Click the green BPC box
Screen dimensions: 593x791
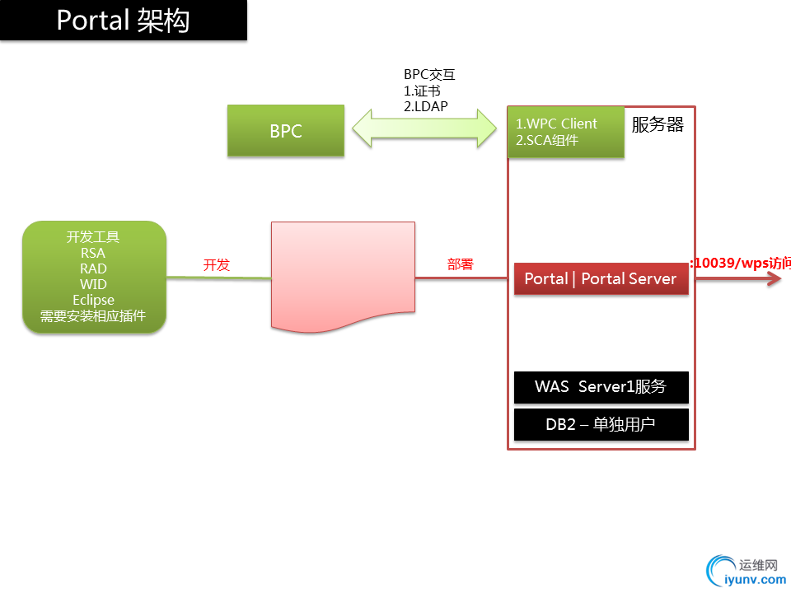[286, 131]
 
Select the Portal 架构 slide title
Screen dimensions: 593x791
[123, 20]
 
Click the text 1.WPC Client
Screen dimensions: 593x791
[556, 124]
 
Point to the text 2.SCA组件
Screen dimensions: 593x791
[547, 140]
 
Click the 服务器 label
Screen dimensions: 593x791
[658, 125]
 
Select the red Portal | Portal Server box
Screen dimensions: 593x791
[601, 279]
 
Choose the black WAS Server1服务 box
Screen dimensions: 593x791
[601, 387]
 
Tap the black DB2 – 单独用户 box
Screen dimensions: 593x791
[601, 425]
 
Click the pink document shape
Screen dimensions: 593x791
[343, 272]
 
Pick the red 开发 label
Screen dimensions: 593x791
[217, 265]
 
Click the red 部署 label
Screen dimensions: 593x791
[461, 265]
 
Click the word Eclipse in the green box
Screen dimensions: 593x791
[93, 300]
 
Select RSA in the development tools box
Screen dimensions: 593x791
[93, 253]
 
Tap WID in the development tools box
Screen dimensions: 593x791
[93, 284]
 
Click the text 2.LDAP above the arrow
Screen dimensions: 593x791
[426, 105]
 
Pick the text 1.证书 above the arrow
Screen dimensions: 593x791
[422, 90]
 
